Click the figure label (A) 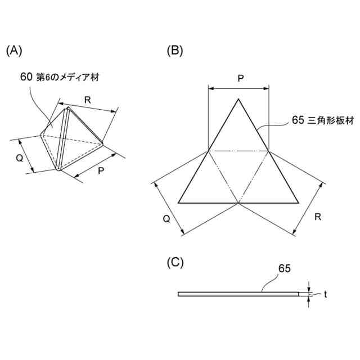click(x=14, y=51)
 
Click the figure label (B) click(x=175, y=51)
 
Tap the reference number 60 click(x=26, y=77)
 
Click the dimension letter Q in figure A click(x=19, y=158)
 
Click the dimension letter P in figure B click(x=240, y=79)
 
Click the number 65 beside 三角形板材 click(x=298, y=120)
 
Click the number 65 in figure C click(x=283, y=269)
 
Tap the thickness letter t click(x=325, y=294)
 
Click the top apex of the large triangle click(x=238, y=100)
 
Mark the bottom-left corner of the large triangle click(x=179, y=202)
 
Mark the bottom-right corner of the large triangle click(x=298, y=202)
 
